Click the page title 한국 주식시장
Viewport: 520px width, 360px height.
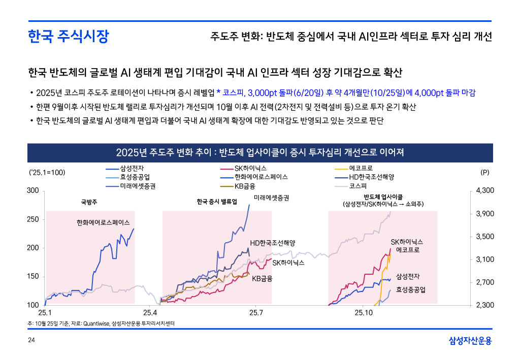tap(68, 37)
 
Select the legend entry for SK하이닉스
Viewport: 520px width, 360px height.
tap(250, 168)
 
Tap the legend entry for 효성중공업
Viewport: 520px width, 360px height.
tap(135, 177)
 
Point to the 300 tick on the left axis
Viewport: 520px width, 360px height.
tap(32, 190)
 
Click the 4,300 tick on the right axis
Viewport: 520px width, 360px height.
tap(485, 190)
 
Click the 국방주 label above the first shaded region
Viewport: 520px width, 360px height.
tap(89, 202)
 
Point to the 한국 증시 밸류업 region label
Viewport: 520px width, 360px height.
tap(217, 202)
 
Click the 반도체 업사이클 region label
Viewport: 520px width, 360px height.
tap(383, 197)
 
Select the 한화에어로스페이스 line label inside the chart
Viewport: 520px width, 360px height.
tap(103, 223)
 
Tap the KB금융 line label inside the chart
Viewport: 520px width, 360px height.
tap(262, 278)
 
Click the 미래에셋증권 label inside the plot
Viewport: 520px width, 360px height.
tap(271, 198)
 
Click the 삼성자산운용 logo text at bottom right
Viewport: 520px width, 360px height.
tap(470, 341)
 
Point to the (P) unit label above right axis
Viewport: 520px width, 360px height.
tap(484, 173)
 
